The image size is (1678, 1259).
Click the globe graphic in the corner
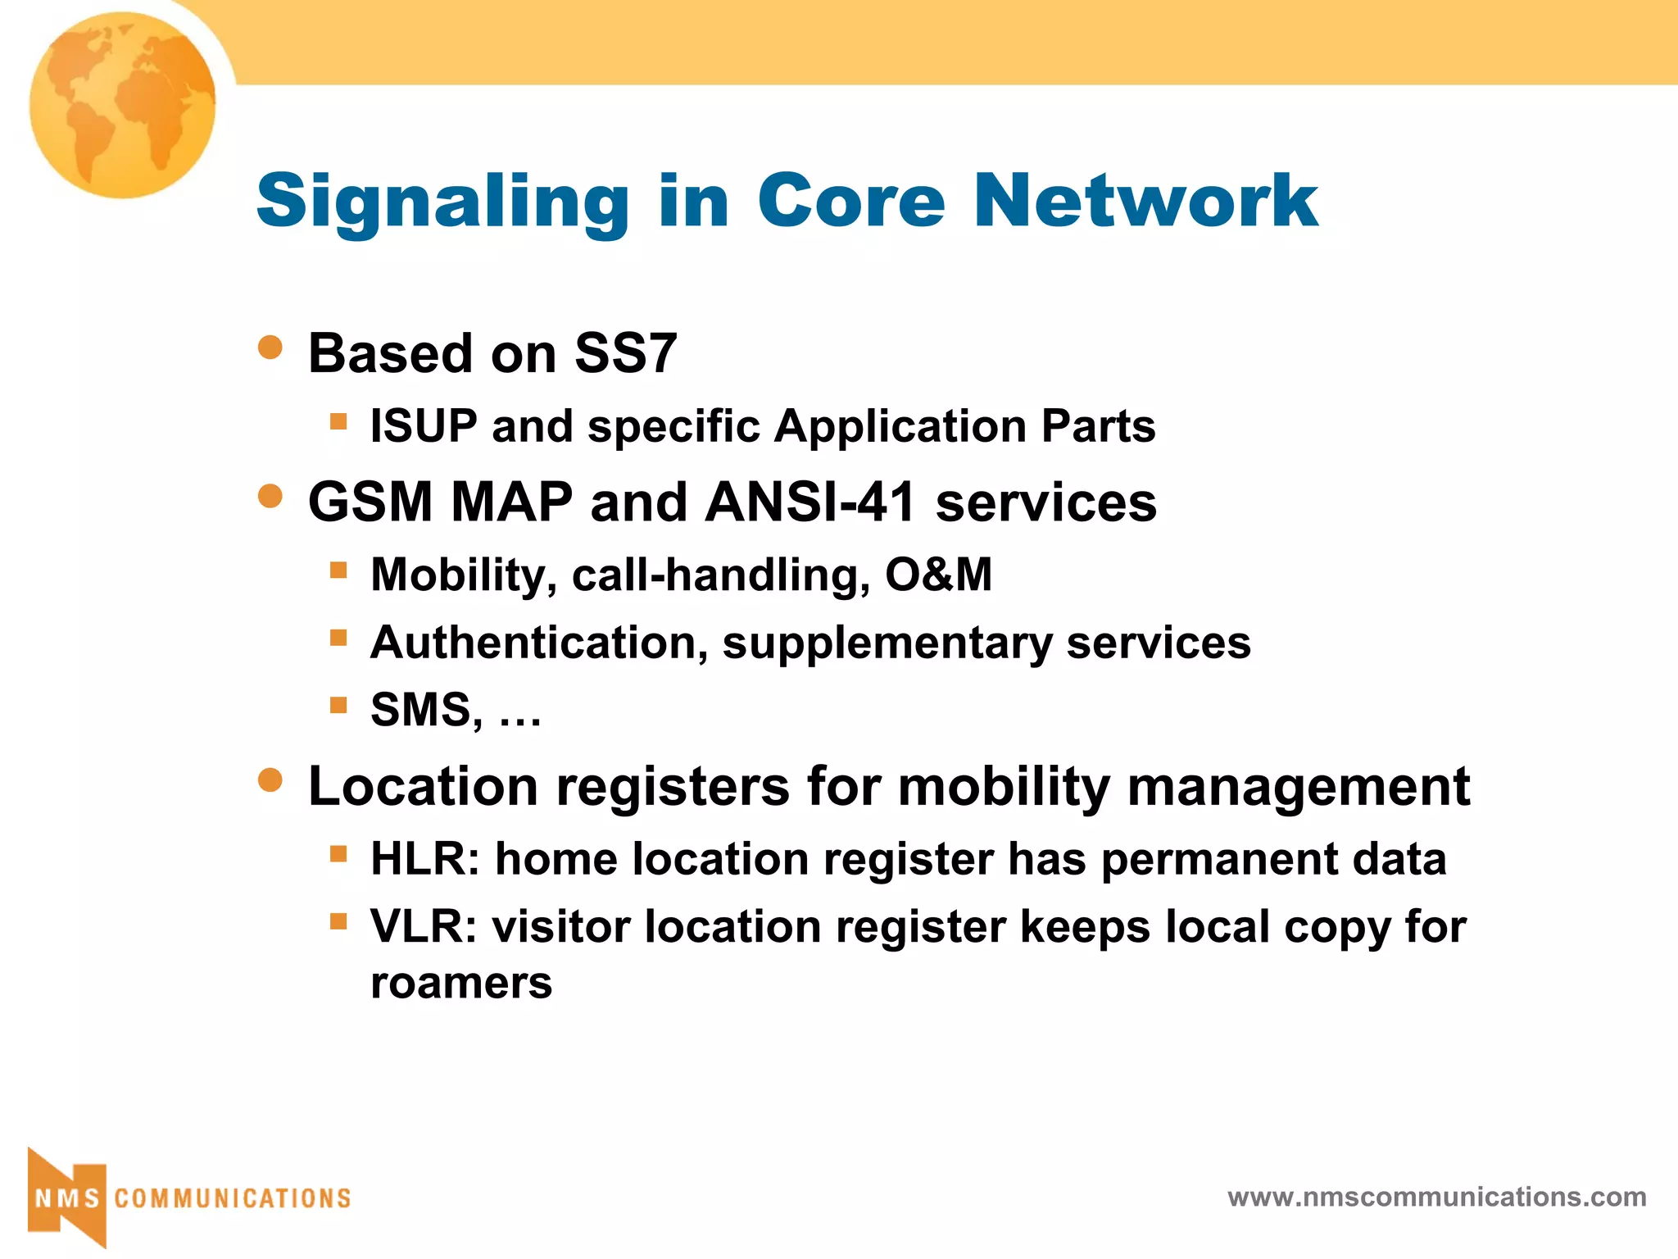coord(123,105)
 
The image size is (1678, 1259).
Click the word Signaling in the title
coord(442,201)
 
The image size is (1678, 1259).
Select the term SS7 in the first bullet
coord(625,353)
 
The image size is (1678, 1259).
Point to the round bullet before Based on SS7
coord(270,348)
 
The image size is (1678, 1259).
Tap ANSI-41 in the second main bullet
coord(810,502)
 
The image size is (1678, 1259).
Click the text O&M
coord(938,574)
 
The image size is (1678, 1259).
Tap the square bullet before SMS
coord(338,705)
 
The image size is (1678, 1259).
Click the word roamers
coord(461,983)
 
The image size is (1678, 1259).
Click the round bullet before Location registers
coord(270,779)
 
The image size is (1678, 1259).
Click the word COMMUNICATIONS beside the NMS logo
coord(233,1198)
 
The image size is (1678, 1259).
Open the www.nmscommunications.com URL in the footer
coord(1436,1197)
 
